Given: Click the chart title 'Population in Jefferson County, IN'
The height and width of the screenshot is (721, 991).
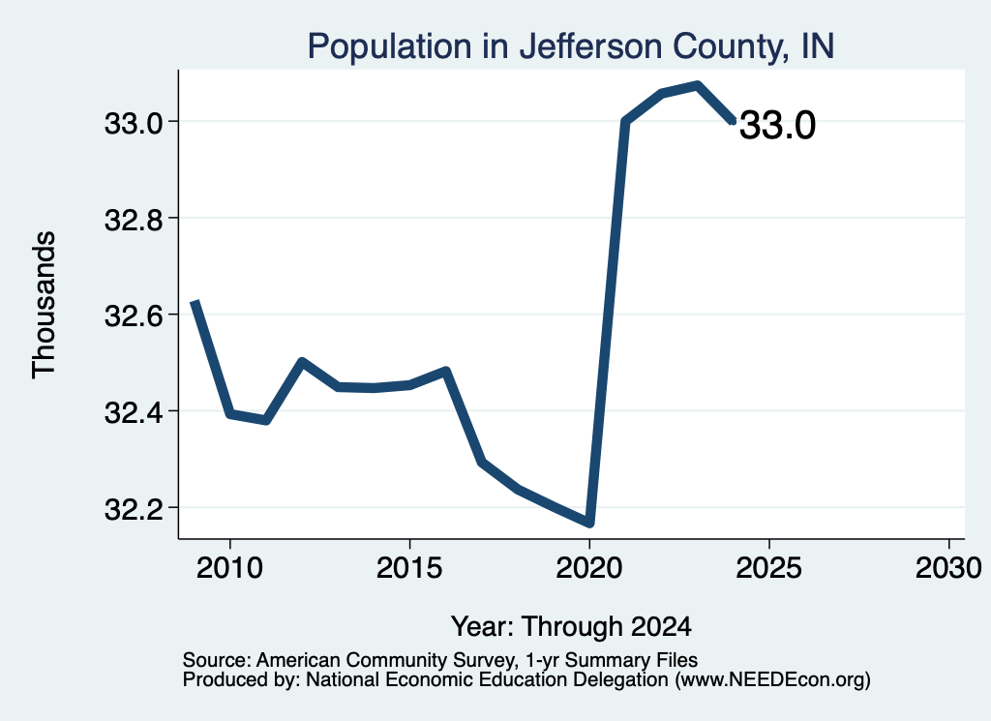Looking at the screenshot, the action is pos(571,46).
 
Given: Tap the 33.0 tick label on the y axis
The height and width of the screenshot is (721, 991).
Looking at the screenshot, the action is pos(134,123).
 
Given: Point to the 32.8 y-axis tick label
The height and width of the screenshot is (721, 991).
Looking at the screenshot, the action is pos(134,220).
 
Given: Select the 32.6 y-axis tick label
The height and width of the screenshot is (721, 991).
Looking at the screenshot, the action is pos(134,315).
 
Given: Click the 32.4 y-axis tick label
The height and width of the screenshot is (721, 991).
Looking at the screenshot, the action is pos(134,412).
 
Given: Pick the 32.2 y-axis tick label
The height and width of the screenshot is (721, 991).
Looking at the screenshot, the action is pos(134,509).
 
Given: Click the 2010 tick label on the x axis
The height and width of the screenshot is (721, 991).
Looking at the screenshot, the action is pos(229,568).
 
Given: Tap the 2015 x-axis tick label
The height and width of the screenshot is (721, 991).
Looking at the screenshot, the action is pos(409,568).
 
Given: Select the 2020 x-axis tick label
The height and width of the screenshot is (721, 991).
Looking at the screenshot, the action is pos(589,568).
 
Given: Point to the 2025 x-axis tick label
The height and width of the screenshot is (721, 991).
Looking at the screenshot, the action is pos(769,568).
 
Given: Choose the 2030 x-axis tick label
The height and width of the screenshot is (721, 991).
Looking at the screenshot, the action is pos(948,568).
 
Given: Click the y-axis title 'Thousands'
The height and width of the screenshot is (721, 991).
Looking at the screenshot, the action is pos(45,305).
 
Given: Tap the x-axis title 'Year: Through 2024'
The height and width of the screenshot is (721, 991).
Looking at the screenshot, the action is pos(571,627).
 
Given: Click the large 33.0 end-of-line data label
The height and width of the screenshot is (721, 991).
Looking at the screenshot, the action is pos(777,125).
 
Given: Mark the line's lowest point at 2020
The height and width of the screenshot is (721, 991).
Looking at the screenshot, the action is pos(589,523).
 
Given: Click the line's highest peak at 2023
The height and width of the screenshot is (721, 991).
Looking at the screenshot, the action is pos(697,85).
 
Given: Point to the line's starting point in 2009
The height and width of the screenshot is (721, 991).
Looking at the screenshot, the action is pos(195,302).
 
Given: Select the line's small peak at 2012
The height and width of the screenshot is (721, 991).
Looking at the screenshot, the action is pos(302,361).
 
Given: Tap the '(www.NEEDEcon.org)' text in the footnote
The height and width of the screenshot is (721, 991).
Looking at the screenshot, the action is pos(773,680).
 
